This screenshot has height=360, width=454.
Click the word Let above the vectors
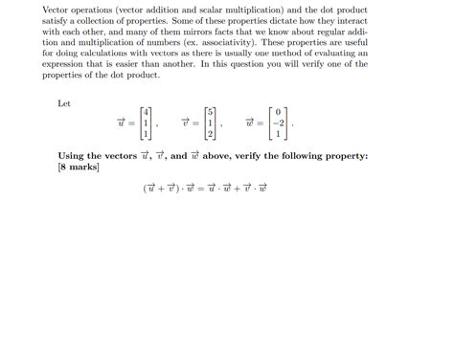pos(64,102)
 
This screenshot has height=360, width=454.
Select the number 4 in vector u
pos(144,111)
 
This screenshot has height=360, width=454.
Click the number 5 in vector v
pos(211,111)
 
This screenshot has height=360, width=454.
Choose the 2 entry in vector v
pos(211,134)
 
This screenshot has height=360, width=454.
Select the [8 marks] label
pos(79,167)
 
